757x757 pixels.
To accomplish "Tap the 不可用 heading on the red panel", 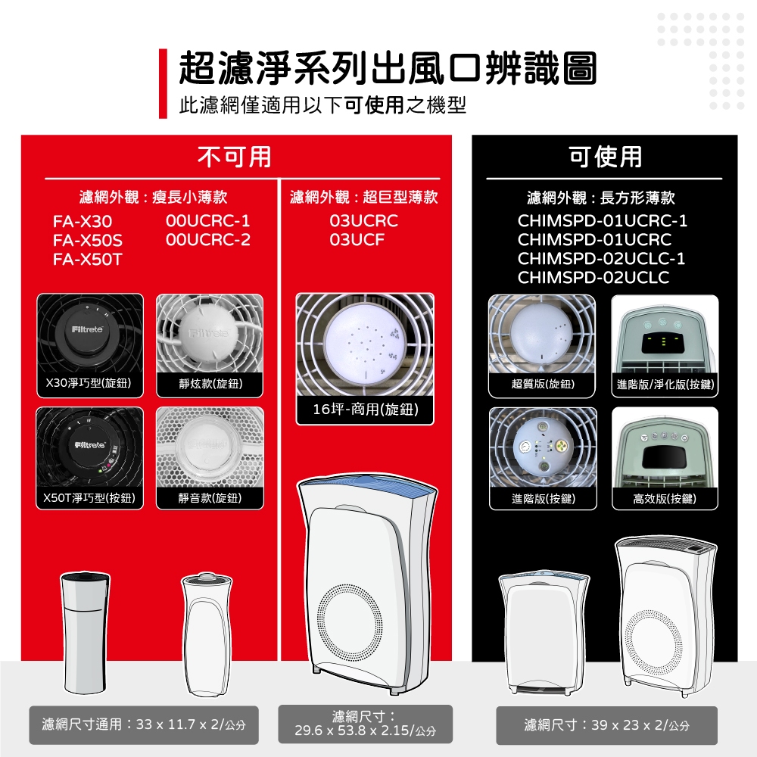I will [235, 156].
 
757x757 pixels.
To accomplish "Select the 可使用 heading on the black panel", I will [605, 156].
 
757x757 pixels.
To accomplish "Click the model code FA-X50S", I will [87, 241].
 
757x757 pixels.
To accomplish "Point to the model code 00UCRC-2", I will [207, 240].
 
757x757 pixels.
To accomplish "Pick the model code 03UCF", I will [357, 240].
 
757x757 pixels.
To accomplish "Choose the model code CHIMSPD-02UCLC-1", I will [602, 259].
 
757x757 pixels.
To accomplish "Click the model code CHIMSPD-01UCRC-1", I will [603, 221].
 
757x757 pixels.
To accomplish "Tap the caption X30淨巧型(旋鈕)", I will [89, 385].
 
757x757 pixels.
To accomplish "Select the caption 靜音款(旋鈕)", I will [210, 498].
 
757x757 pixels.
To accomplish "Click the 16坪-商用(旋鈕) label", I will [364, 410].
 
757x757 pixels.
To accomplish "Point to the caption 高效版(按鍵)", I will [664, 498].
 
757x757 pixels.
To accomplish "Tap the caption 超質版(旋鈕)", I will [542, 385].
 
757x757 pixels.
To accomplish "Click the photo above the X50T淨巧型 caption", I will [89, 447].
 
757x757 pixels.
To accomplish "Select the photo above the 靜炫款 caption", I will [210, 333].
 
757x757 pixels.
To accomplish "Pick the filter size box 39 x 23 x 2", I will [606, 725].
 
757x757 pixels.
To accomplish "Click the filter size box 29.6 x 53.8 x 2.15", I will [365, 724].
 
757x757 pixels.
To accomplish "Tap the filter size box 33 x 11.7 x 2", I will [143, 725].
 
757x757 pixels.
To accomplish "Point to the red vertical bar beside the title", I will [162, 83].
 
